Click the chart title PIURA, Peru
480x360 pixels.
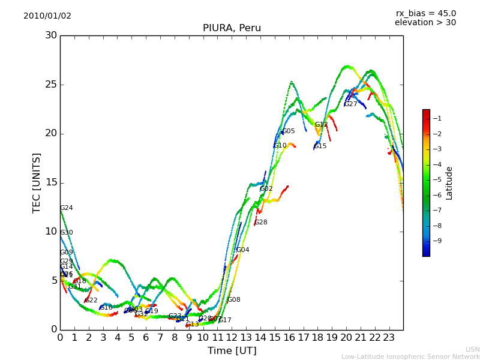click(x=232, y=28)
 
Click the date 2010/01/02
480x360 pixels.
click(x=47, y=16)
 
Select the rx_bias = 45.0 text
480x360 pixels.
click(x=425, y=13)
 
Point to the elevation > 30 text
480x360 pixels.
click(x=425, y=23)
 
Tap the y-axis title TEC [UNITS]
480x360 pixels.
click(x=37, y=182)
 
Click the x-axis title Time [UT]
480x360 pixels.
click(x=232, y=351)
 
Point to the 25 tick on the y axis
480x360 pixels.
click(x=50, y=84)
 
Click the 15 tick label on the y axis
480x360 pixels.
click(x=50, y=182)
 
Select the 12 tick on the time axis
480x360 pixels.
click(x=232, y=337)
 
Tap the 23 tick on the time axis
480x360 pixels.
click(x=389, y=337)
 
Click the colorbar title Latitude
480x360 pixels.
click(x=449, y=182)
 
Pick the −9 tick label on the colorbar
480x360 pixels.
click(x=437, y=241)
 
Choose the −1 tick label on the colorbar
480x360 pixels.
click(x=437, y=118)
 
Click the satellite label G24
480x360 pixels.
click(x=67, y=208)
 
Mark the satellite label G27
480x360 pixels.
click(x=350, y=104)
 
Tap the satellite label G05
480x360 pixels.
click(x=288, y=131)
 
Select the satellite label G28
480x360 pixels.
click(x=261, y=223)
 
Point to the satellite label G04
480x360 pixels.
click(x=242, y=250)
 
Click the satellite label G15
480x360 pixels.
click(x=320, y=146)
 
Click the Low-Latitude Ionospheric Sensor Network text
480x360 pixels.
click(x=410, y=356)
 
